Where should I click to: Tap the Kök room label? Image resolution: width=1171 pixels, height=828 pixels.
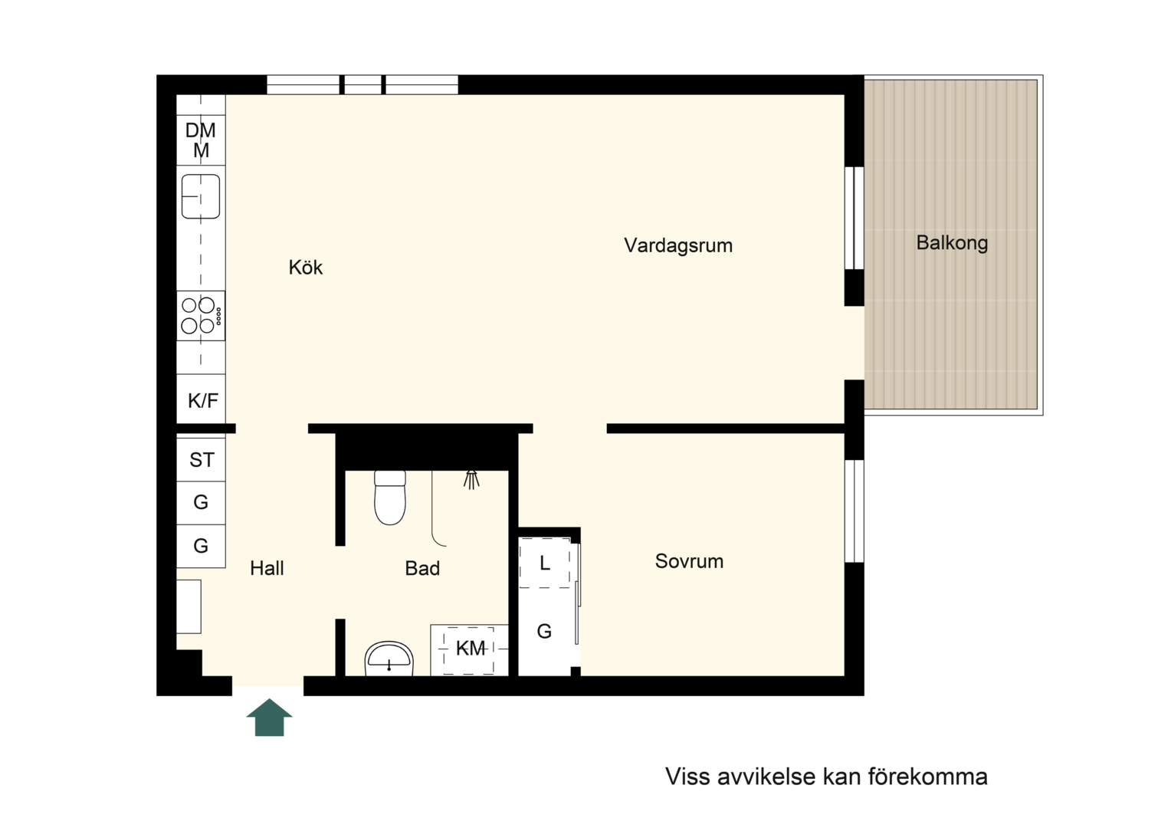(306, 268)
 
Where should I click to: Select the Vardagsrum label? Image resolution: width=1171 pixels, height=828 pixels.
(678, 246)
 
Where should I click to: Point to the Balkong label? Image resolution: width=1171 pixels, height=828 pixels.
(952, 243)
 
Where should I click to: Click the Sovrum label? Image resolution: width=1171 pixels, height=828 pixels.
(689, 561)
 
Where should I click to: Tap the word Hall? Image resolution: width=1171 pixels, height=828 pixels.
(267, 568)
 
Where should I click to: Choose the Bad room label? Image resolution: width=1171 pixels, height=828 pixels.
(422, 569)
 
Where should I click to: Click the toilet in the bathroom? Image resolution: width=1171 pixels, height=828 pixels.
(390, 498)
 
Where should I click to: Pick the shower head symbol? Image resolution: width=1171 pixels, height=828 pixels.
(471, 480)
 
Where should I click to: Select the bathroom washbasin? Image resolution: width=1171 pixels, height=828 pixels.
(389, 659)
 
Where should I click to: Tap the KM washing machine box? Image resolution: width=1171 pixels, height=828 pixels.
(469, 650)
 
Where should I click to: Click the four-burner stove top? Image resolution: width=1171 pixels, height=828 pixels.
(201, 316)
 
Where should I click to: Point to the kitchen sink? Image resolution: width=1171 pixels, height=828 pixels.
(201, 196)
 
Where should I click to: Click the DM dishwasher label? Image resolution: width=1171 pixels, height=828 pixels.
(201, 130)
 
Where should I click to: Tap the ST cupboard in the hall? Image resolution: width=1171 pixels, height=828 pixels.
(202, 460)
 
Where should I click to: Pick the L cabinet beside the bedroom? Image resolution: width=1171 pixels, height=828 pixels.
(544, 563)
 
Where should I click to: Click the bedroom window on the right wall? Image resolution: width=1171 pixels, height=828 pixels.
(854, 511)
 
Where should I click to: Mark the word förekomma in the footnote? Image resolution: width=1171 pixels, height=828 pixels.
(928, 777)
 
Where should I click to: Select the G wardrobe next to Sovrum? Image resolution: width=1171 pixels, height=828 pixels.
(544, 632)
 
